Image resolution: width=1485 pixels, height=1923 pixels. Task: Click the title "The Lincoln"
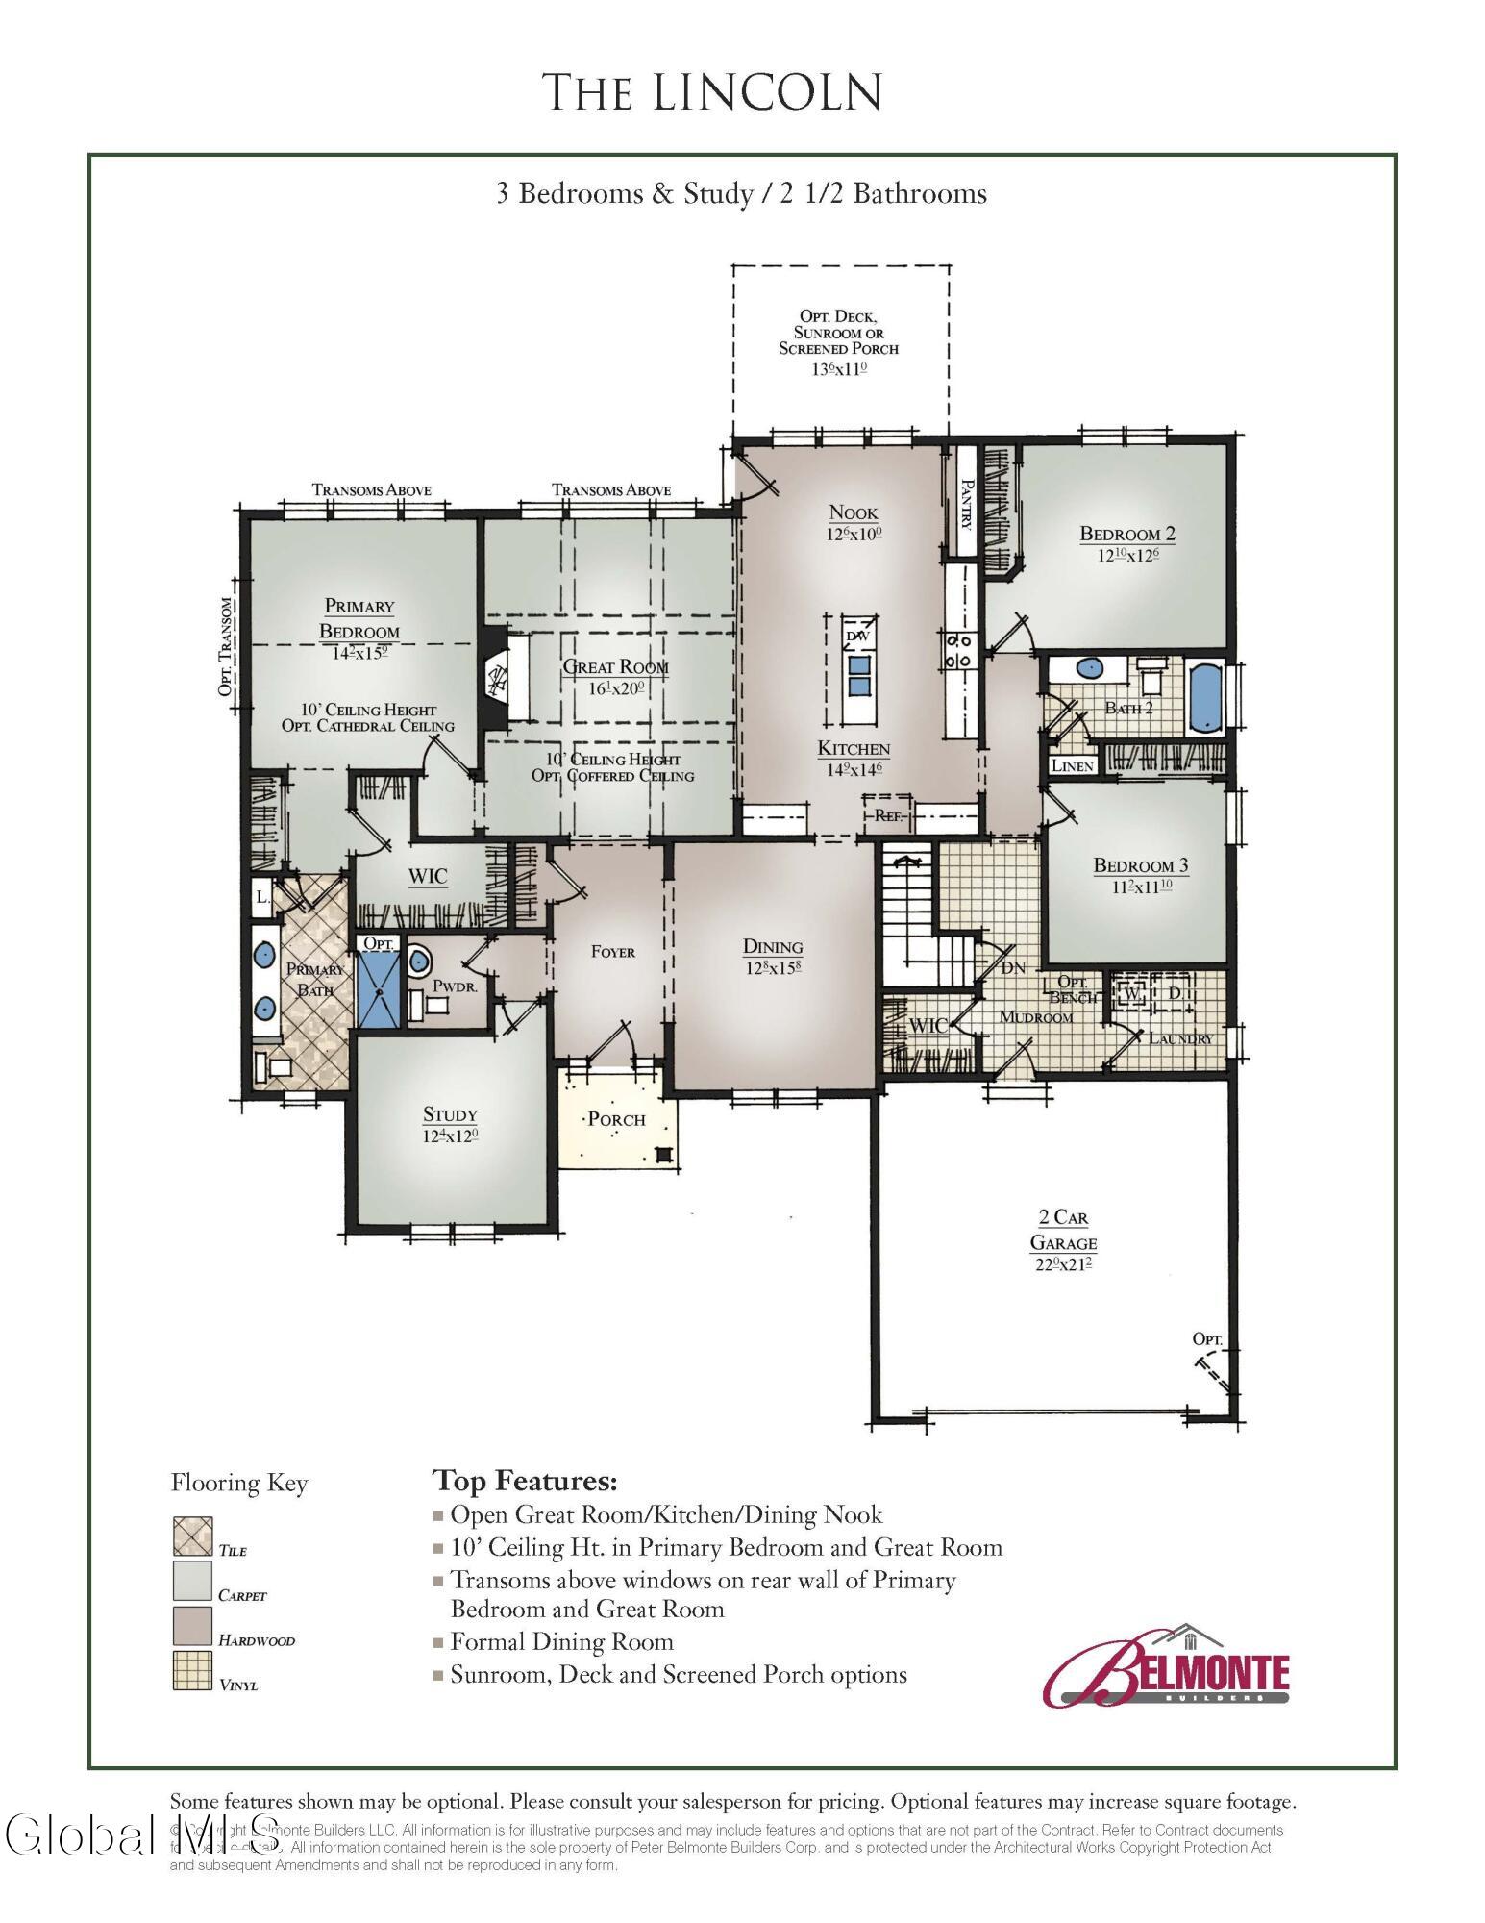(712, 91)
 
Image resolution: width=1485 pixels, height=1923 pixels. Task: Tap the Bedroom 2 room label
(1127, 534)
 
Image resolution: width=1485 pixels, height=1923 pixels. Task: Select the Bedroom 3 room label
(1141, 865)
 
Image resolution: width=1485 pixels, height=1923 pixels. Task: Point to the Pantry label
(967, 505)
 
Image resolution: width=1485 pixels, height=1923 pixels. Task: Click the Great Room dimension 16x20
(616, 688)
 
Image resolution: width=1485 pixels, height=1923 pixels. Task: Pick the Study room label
(450, 1114)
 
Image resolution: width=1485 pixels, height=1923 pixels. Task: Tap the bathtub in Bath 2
(1203, 697)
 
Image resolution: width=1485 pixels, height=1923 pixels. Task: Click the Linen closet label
(1072, 766)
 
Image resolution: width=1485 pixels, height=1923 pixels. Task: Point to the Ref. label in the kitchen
(886, 815)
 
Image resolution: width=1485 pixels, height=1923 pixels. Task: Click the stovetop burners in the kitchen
(959, 650)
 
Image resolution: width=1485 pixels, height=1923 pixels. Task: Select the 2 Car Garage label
(1063, 1230)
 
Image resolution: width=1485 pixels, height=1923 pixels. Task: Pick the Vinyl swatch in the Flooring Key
(192, 1671)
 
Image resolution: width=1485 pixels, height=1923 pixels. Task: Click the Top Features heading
(525, 1479)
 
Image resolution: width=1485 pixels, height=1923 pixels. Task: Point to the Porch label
(616, 1119)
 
